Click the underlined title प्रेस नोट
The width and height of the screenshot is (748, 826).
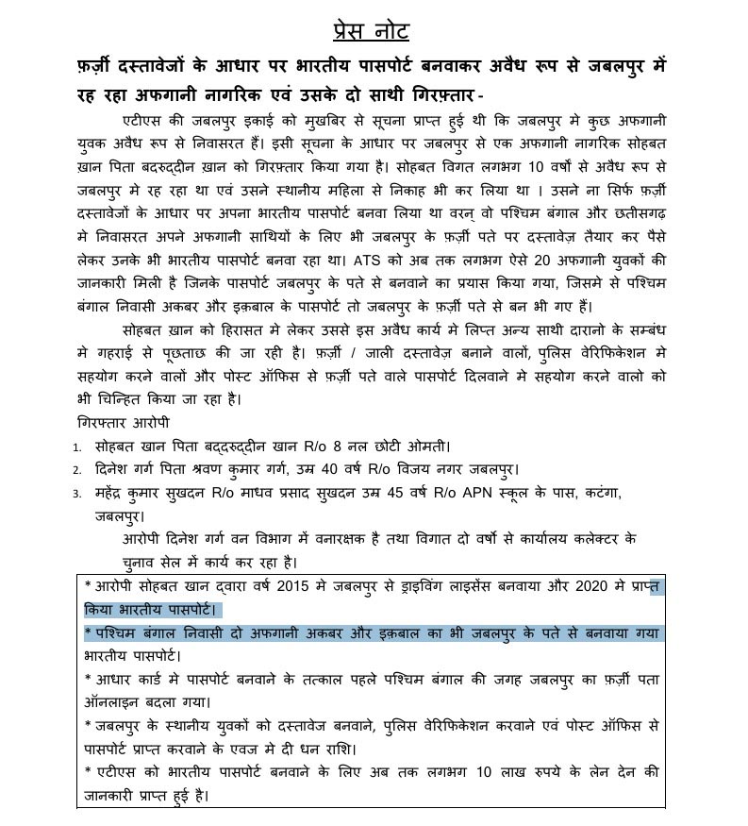click(371, 31)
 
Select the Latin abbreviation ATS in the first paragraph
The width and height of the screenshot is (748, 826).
click(362, 259)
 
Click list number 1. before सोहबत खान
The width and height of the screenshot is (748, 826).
click(77, 447)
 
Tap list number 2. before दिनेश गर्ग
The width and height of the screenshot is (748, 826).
click(77, 470)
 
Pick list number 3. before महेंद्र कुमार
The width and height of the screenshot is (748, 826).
click(77, 494)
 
